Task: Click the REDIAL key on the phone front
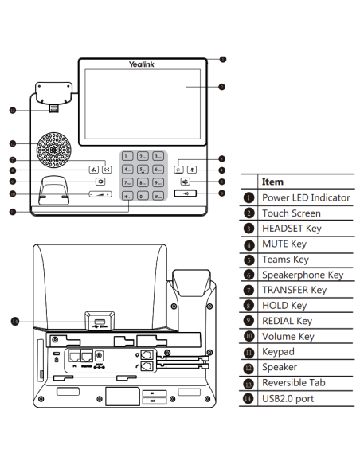coord(99,182)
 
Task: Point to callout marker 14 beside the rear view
coord(14,322)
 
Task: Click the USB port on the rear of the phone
coord(97,323)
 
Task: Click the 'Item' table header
coord(272,182)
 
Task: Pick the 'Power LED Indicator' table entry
coord(306,197)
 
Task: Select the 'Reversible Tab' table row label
coord(293,383)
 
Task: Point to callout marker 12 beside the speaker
coord(13,143)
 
